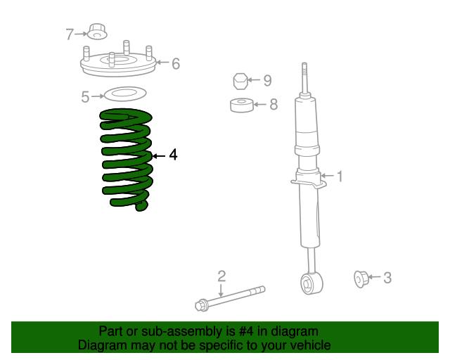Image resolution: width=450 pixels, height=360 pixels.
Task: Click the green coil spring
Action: [x=127, y=159]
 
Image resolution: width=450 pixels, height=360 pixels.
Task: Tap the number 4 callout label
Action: [x=173, y=155]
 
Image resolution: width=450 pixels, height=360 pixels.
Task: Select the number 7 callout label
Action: [x=70, y=34]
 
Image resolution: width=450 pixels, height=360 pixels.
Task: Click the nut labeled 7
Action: [x=96, y=32]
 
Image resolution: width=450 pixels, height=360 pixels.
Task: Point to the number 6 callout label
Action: [x=176, y=63]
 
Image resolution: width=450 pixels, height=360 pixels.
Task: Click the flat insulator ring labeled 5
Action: [x=124, y=94]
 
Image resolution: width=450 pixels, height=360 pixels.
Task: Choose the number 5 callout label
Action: [x=85, y=97]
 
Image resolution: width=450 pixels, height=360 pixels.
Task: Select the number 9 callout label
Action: [x=267, y=80]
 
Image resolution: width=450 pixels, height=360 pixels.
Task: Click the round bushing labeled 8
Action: [x=241, y=105]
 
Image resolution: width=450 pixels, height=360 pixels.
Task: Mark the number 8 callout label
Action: [x=274, y=105]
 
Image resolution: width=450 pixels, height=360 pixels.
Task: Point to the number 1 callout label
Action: [x=340, y=176]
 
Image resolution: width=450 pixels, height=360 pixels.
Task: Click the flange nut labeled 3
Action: [x=361, y=279]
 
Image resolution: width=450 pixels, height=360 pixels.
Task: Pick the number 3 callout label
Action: [x=387, y=278]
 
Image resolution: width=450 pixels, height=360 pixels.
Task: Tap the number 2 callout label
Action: [x=221, y=276]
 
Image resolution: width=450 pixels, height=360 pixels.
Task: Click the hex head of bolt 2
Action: [x=201, y=305]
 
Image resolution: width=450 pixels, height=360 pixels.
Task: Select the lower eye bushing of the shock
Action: [x=309, y=283]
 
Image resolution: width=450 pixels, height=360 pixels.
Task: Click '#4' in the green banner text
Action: [x=244, y=331]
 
